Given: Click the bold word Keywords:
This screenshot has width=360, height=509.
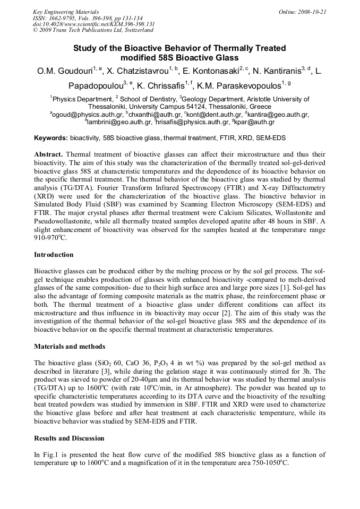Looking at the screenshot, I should click(50, 138).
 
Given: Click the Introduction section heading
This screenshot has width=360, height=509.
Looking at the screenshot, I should click(54, 255).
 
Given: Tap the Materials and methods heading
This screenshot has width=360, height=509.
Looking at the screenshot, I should click(70, 347).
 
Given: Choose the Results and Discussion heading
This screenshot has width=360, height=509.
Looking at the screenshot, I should click(69, 438).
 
